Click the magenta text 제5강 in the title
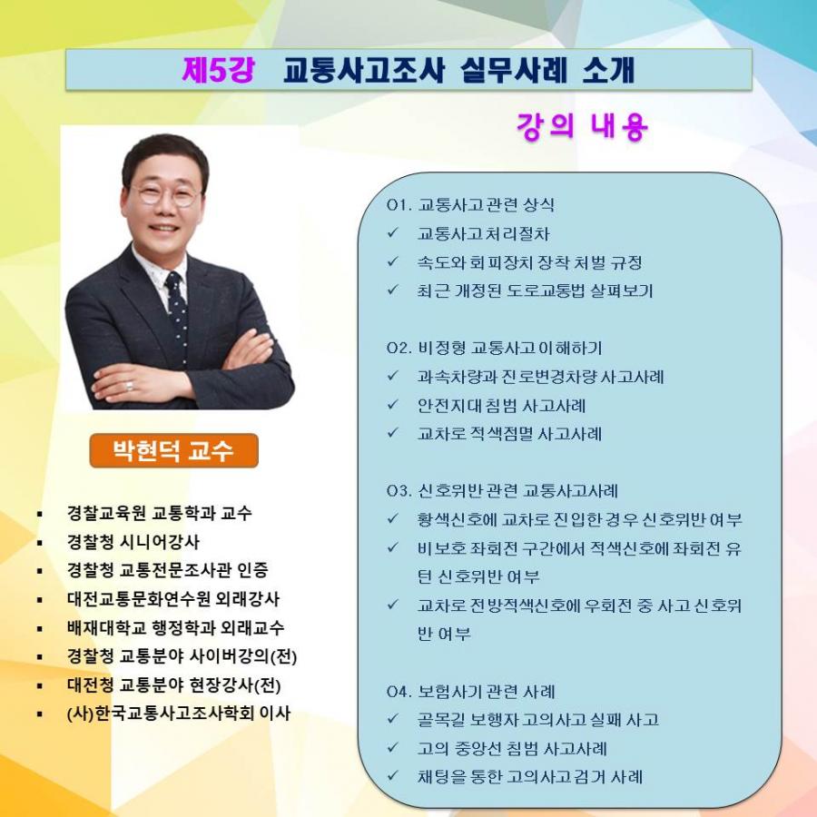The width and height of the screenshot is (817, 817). [x=218, y=70]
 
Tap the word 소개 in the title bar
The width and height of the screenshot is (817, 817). [x=608, y=70]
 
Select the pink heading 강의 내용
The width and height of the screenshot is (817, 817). [x=582, y=126]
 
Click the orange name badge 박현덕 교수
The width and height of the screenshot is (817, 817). [x=173, y=450]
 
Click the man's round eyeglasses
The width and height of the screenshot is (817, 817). [x=163, y=194]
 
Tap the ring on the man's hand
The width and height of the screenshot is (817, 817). [x=129, y=386]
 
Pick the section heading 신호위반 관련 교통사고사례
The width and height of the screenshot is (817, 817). [x=518, y=490]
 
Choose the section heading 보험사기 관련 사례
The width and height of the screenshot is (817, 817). [x=487, y=691]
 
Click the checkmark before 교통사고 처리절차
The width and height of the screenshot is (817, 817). [x=393, y=232]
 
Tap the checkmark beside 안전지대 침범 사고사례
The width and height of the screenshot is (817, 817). [x=393, y=404]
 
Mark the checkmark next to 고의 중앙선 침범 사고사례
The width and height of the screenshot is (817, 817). [x=393, y=747]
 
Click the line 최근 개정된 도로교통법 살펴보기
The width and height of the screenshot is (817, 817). [x=535, y=290]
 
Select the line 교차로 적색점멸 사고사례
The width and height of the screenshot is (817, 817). [x=509, y=434]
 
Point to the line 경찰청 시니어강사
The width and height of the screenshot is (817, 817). [x=133, y=542]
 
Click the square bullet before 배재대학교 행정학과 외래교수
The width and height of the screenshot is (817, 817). [x=40, y=628]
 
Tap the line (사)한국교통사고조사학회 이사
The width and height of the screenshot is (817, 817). [x=179, y=714]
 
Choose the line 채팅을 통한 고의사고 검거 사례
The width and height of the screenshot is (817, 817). [x=530, y=776]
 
